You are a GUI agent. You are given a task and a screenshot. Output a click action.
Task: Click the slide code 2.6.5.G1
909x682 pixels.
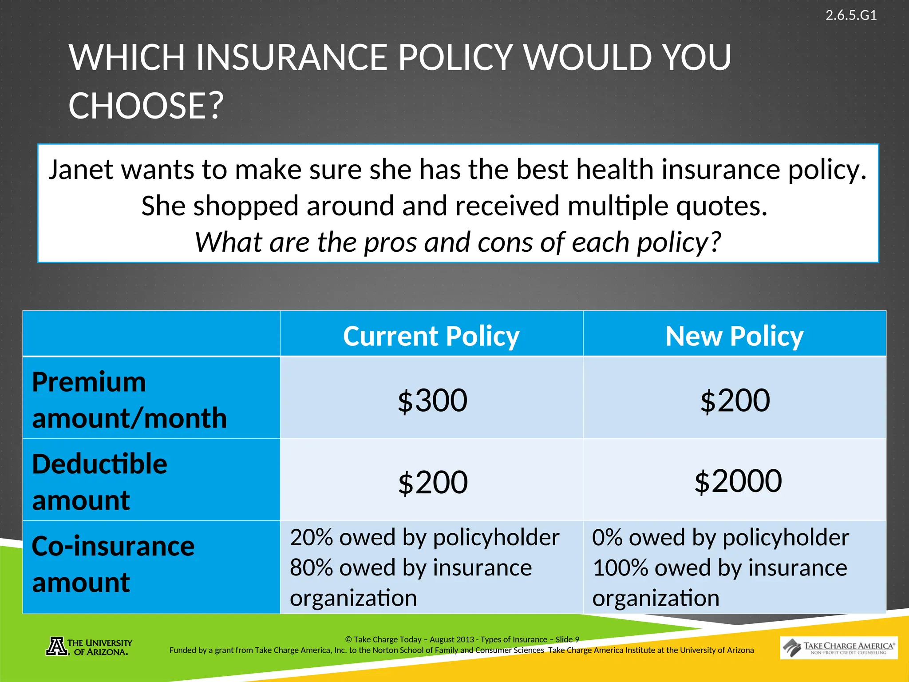[x=851, y=16]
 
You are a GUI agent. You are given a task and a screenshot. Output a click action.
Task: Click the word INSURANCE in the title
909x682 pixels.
[x=292, y=58]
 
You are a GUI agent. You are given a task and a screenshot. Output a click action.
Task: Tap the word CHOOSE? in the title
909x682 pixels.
[x=146, y=106]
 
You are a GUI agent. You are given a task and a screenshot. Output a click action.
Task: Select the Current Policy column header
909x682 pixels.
[x=431, y=336]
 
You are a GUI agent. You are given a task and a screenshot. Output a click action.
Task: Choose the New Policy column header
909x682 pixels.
[x=735, y=336]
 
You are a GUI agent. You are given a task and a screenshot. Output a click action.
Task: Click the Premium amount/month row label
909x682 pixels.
[x=129, y=400]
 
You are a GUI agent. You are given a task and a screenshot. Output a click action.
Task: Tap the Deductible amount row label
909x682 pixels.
[x=100, y=482]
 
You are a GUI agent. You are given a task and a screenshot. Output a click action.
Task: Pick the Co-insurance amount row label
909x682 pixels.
[x=113, y=564]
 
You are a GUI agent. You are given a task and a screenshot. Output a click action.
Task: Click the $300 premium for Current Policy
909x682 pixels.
[x=432, y=400]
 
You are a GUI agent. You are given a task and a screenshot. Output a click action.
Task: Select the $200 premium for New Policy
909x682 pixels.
[x=735, y=400]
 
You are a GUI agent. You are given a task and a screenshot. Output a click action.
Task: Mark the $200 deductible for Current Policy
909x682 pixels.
[x=433, y=483]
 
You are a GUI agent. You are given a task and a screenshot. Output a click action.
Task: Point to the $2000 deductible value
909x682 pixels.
[x=738, y=481]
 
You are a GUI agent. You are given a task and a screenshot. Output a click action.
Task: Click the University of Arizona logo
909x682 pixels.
[x=89, y=647]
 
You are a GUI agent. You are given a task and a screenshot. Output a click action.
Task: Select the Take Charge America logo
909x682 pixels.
[x=838, y=648]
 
